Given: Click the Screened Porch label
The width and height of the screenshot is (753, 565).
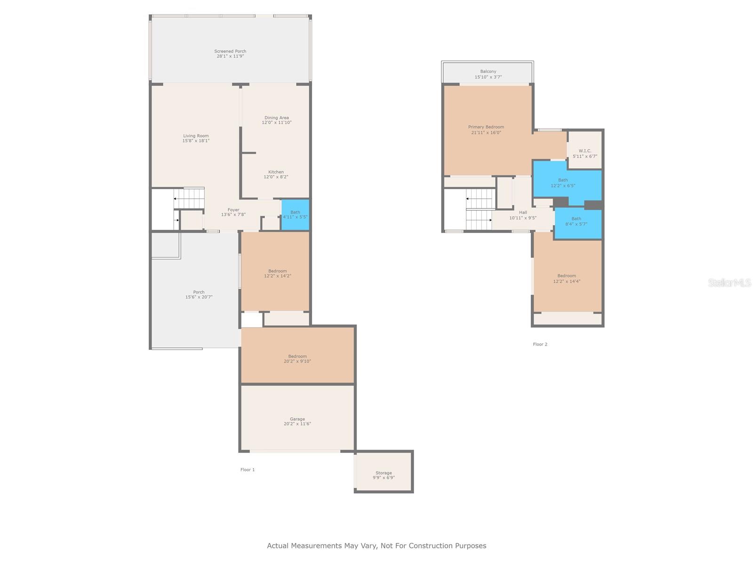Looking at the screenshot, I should (230, 51).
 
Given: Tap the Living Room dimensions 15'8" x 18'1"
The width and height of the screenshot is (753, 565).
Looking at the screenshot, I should (196, 141).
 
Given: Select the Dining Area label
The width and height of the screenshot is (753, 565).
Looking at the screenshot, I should (277, 118).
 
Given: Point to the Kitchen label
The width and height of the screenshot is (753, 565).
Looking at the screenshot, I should (276, 172).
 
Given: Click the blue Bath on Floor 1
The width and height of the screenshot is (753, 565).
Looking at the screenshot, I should (295, 215).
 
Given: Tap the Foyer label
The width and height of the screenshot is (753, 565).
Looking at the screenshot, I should (233, 210).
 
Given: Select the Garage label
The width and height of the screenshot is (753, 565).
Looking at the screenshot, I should (297, 419).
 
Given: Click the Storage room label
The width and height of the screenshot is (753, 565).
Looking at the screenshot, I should (384, 473).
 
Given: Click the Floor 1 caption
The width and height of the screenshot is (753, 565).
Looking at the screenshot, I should (248, 469).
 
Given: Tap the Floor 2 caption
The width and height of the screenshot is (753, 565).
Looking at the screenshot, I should (540, 344).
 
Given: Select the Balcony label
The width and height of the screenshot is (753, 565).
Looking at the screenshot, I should (488, 72).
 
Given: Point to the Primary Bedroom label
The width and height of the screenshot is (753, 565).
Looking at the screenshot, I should (486, 127).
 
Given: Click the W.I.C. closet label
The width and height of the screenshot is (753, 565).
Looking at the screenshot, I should (585, 151).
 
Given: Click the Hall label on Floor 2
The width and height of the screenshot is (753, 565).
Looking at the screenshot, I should (523, 212).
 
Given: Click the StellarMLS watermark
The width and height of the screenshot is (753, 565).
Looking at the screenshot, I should (729, 282).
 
